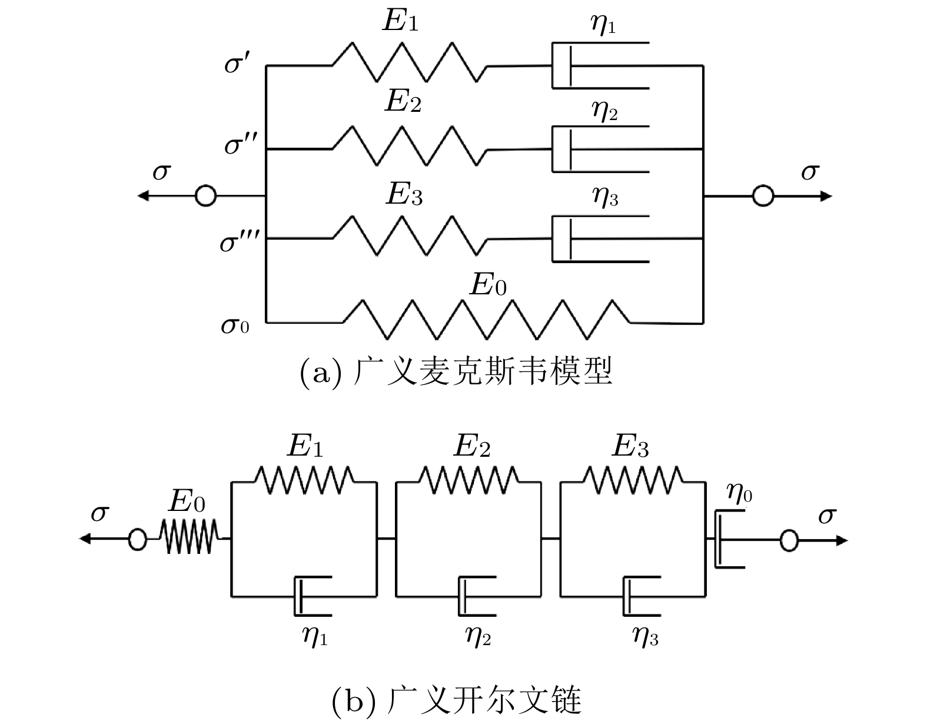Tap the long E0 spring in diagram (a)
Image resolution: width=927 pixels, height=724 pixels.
pos(486,319)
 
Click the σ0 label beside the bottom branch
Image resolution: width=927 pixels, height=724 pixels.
pos(235,324)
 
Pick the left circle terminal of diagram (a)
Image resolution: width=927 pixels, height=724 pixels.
pos(205,195)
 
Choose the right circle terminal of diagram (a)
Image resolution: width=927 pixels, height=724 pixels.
pos(763,195)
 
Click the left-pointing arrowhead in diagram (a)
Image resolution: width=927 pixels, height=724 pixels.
pos(142,195)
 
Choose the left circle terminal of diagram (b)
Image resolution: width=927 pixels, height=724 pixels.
pos(137,539)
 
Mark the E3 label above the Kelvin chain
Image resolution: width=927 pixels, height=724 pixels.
pos(630,447)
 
